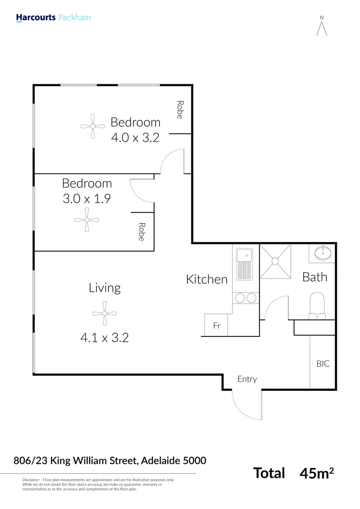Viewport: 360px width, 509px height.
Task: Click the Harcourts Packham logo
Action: [53, 18]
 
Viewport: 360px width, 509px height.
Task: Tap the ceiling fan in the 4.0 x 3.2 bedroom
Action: [93, 126]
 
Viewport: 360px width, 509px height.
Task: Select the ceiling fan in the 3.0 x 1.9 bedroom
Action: [87, 220]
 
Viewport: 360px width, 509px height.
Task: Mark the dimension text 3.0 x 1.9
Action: [87, 198]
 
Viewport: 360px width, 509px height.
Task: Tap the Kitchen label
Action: [207, 279]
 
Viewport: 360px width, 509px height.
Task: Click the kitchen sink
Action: [245, 264]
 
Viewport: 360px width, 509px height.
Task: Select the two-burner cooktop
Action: [245, 298]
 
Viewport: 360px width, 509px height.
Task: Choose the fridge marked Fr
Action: [216, 325]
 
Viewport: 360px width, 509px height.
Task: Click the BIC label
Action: [323, 364]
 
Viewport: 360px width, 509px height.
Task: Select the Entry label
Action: [247, 379]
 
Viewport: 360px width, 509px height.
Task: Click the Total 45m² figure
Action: [294, 473]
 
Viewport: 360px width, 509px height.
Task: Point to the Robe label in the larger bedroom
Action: [180, 110]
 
